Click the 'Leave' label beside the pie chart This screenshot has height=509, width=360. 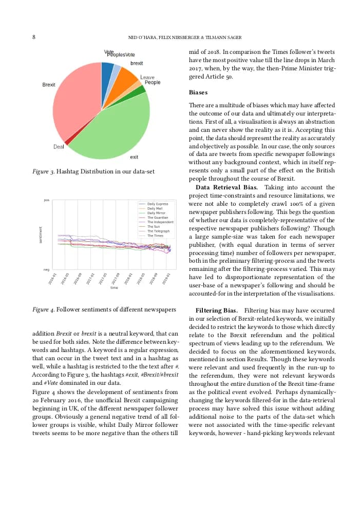point(147,77)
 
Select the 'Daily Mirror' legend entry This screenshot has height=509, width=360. point(156,213)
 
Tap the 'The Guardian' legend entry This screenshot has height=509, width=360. point(157,218)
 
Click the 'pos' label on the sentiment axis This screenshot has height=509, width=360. point(47,200)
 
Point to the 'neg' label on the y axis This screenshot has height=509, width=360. point(47,269)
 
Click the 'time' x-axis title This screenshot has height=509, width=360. point(114,288)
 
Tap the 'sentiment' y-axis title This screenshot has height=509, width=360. point(41,234)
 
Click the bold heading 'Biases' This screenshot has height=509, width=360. point(198,92)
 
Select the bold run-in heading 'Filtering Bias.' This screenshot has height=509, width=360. point(216,310)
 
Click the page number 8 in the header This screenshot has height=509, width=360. point(34,37)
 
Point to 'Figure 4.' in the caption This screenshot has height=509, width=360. point(43,309)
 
